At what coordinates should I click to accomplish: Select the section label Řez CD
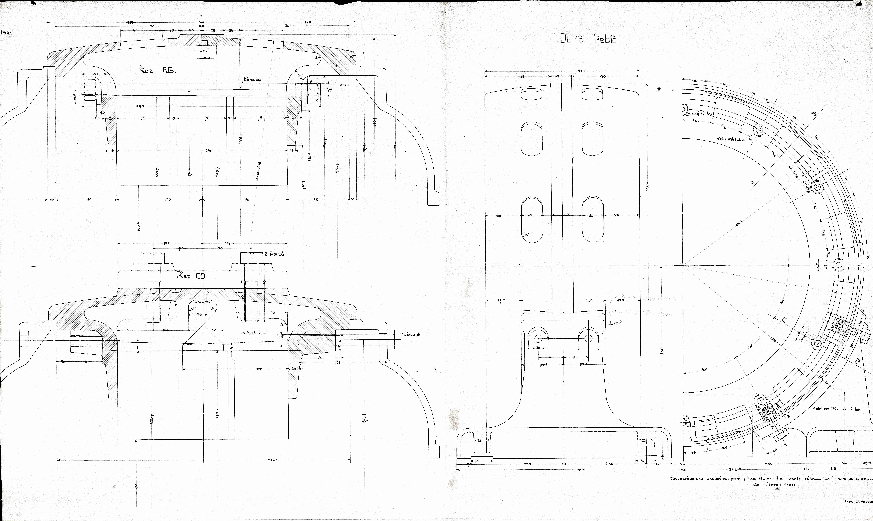click(x=191, y=276)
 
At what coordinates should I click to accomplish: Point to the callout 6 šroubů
click(x=252, y=80)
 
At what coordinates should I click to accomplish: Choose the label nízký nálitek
click(x=729, y=139)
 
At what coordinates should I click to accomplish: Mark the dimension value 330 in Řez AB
click(x=140, y=106)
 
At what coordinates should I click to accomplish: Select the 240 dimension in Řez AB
click(x=209, y=151)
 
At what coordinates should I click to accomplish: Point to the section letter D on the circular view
click(x=854, y=362)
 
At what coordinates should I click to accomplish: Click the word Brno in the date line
click(x=848, y=501)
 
